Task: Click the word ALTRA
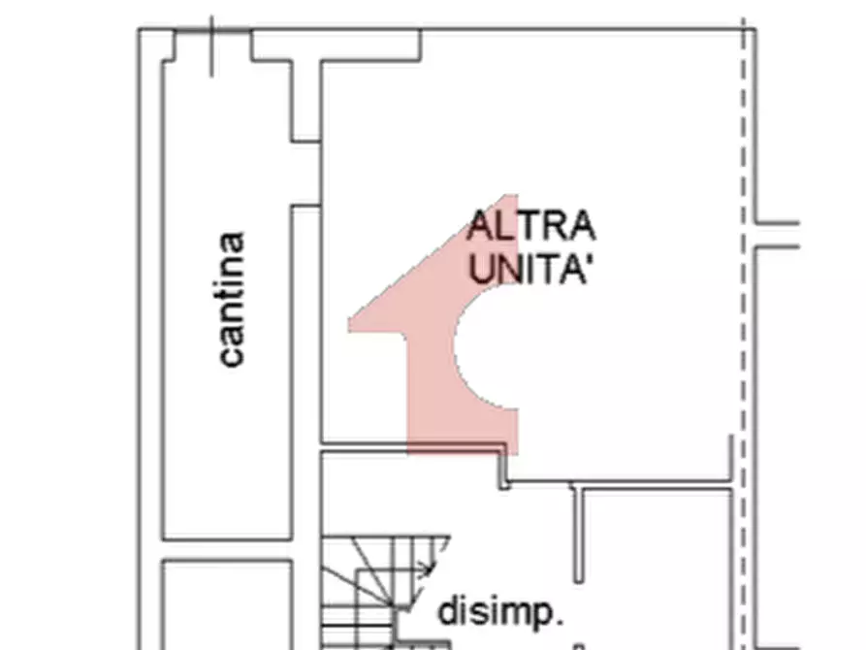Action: click(531, 226)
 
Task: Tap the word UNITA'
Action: click(528, 269)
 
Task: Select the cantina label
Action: click(232, 299)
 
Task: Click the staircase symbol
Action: click(387, 592)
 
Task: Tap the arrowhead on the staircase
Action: click(426, 568)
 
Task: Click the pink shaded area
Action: click(442, 332)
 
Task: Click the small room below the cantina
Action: click(227, 605)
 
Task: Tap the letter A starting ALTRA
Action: click(478, 226)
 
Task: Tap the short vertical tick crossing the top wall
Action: click(211, 47)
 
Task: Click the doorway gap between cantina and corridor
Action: click(306, 174)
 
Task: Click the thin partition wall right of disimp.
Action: click(578, 534)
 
